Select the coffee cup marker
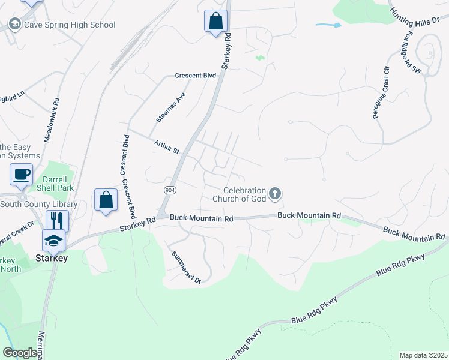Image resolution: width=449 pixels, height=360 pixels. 21,175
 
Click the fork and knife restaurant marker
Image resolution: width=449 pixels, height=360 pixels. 58,220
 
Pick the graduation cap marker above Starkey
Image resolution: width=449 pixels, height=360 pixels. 53,240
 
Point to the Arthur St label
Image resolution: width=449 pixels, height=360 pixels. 167,146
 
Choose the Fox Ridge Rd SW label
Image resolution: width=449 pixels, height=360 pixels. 412,53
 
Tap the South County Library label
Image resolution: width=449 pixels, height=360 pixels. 39,204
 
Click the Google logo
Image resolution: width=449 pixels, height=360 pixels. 20,353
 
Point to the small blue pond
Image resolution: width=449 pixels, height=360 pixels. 328,25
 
